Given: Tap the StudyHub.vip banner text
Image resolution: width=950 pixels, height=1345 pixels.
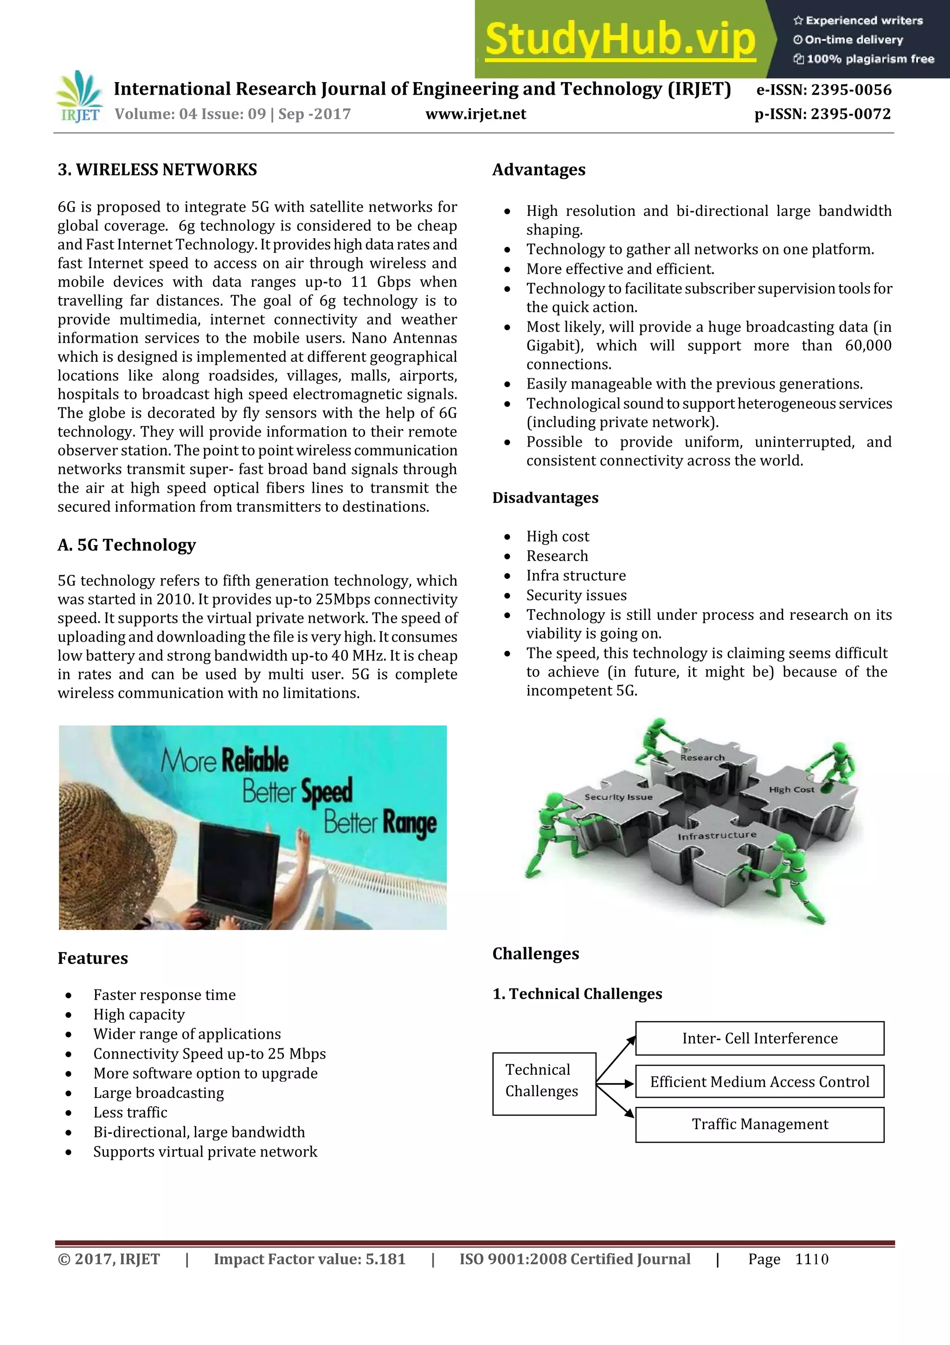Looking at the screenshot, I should click(x=620, y=39).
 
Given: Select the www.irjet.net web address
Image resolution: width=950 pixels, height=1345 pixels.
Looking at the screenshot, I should click(x=475, y=114).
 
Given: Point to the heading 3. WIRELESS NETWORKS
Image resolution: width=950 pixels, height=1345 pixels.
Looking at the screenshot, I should click(x=157, y=170).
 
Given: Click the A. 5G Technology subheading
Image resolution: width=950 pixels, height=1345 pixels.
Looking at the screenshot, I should click(x=127, y=545).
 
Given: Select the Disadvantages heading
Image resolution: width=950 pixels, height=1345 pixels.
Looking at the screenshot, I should click(x=545, y=498).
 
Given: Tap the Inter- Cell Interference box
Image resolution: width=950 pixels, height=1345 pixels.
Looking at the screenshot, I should click(x=759, y=1039).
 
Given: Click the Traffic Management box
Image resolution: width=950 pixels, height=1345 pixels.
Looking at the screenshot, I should click(x=759, y=1124).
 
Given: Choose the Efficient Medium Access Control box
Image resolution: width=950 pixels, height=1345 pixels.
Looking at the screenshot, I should click(x=759, y=1081).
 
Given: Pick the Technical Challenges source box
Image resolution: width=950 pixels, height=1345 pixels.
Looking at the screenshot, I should click(x=544, y=1083).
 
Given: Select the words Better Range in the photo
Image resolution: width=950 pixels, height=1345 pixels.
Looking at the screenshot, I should click(x=380, y=823).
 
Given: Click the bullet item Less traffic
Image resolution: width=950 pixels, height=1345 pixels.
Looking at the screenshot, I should click(x=130, y=1112).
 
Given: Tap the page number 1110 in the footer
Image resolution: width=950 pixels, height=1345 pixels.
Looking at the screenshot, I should click(x=811, y=1259).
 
